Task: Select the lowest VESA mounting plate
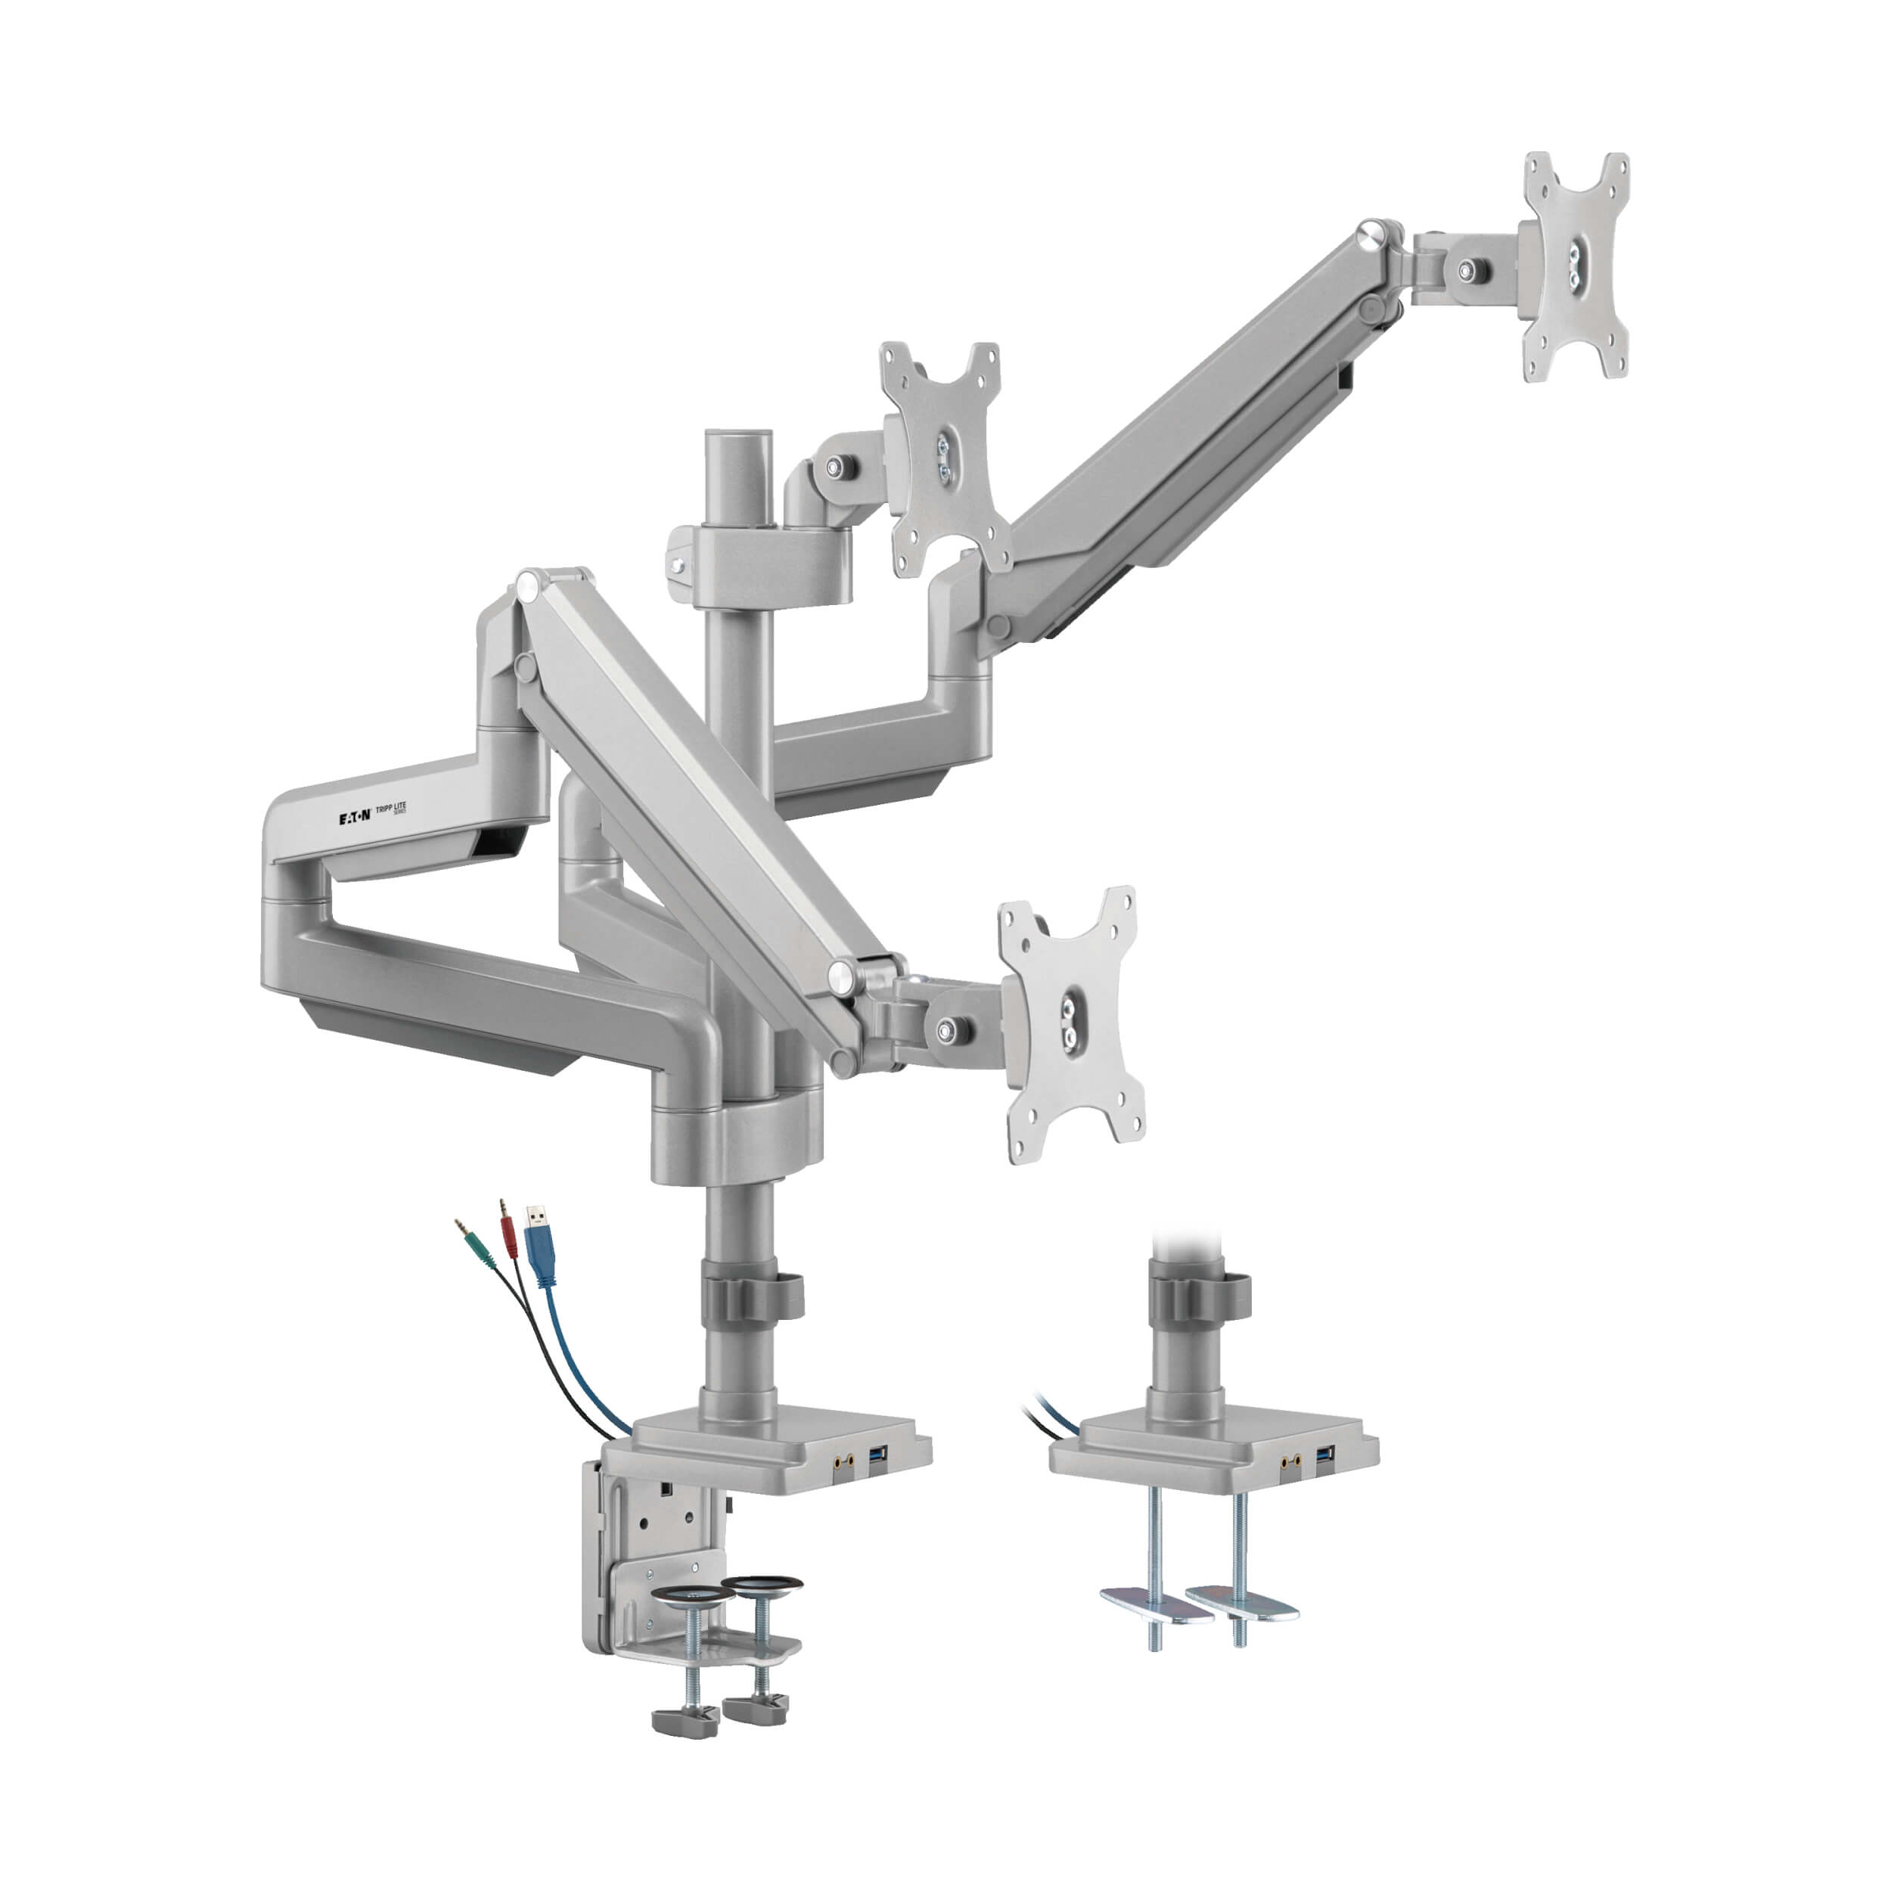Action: point(1073,1023)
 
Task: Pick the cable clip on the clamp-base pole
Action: point(752,1295)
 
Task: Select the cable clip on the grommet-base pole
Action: point(1200,1294)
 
